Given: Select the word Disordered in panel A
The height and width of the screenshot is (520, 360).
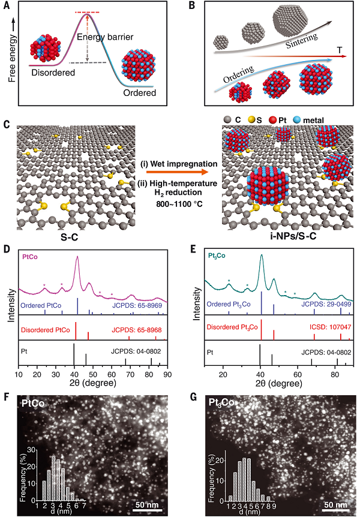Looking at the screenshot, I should tap(53, 73).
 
